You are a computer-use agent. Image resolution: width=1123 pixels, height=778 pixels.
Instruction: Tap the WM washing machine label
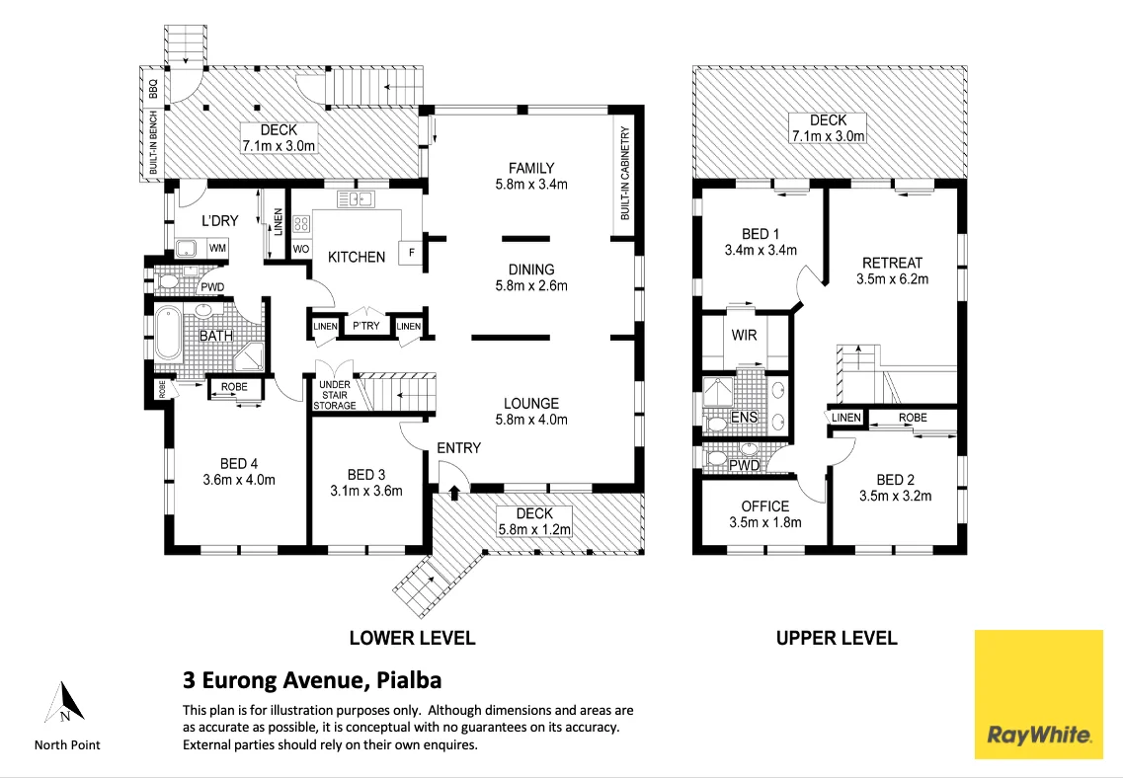[217, 248]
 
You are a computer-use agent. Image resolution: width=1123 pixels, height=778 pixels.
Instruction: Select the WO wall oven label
[301, 249]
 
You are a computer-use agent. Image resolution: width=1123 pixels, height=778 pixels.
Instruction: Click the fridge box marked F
[411, 252]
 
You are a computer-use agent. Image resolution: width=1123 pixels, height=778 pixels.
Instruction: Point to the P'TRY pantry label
[366, 326]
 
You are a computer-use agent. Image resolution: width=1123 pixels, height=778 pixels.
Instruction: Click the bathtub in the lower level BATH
[170, 333]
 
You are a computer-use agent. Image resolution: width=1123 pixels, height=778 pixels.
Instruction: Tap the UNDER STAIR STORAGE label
[335, 395]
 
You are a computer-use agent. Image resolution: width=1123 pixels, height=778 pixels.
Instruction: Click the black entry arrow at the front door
[454, 491]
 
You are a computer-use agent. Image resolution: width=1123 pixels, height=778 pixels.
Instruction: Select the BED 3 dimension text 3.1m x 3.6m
[366, 491]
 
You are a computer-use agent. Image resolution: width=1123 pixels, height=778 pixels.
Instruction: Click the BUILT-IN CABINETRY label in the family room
[625, 173]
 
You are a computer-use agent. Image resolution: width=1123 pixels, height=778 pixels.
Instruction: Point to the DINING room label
[531, 270]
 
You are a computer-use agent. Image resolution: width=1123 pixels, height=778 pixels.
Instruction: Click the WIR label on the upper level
[744, 335]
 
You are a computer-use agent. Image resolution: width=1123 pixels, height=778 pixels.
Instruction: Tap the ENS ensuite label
[744, 418]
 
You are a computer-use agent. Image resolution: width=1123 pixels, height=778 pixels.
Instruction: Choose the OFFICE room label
[764, 506]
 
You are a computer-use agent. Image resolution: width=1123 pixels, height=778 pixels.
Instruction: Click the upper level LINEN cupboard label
[845, 418]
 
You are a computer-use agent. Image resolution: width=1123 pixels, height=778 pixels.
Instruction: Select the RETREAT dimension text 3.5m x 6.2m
[893, 279]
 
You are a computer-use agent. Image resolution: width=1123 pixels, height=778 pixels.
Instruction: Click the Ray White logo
[1038, 694]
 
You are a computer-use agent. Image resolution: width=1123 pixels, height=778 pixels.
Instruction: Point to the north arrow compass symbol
[64, 702]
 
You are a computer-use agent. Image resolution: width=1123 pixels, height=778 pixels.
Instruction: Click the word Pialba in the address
[409, 679]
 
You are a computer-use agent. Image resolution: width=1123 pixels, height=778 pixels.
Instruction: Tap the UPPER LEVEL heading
[837, 638]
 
